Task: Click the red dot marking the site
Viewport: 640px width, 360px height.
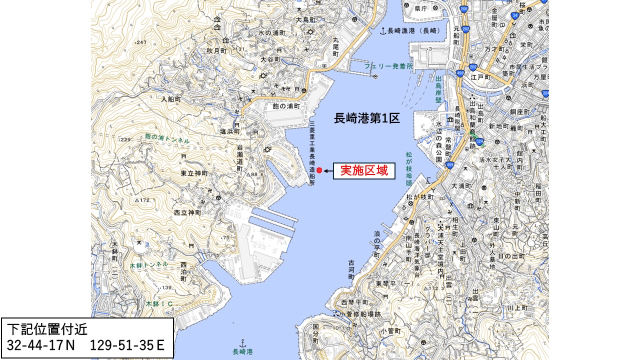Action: pyautogui.click(x=319, y=170)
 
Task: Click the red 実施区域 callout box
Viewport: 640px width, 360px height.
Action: pyautogui.click(x=364, y=171)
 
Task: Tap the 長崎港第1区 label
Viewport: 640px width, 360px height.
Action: pyautogui.click(x=367, y=118)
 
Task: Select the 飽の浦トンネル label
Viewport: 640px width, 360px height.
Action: pyautogui.click(x=167, y=138)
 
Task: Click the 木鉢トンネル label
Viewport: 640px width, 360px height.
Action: pyautogui.click(x=148, y=264)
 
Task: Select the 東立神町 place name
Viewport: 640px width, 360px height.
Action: pyautogui.click(x=194, y=173)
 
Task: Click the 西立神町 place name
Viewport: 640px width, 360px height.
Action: pyautogui.click(x=187, y=212)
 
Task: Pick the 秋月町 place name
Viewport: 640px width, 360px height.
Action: pyautogui.click(x=216, y=51)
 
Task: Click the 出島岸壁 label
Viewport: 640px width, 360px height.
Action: pyautogui.click(x=438, y=89)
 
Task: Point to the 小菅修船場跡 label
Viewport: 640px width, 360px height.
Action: pyautogui.click(x=359, y=314)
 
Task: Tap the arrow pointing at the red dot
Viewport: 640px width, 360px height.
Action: pyautogui.click(x=328, y=171)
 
